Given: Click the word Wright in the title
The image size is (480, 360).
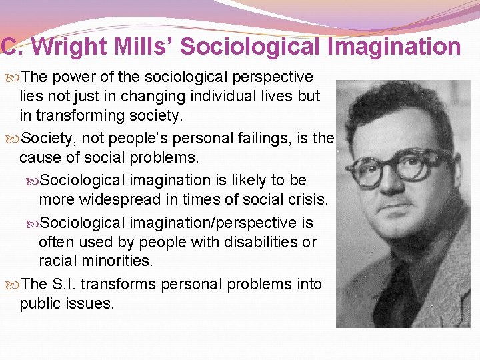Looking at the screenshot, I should point(67,47).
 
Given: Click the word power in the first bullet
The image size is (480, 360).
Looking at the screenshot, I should point(72,77).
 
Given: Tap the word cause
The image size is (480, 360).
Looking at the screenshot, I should point(39,158).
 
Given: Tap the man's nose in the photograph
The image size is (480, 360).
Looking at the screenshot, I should point(393,187).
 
